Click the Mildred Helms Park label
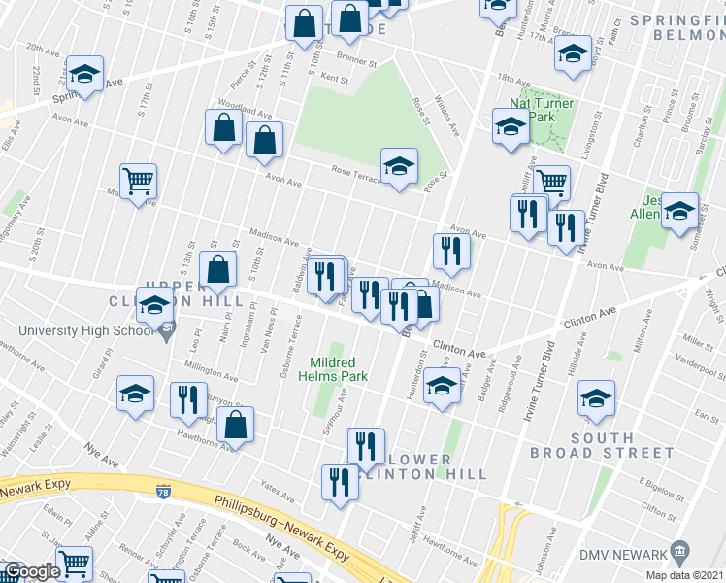(x=333, y=368)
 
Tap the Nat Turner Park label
(x=542, y=110)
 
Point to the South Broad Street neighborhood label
(x=602, y=444)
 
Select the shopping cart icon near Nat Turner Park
(x=551, y=181)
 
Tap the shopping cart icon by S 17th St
(x=139, y=181)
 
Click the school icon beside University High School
(x=154, y=308)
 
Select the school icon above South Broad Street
(x=596, y=396)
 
